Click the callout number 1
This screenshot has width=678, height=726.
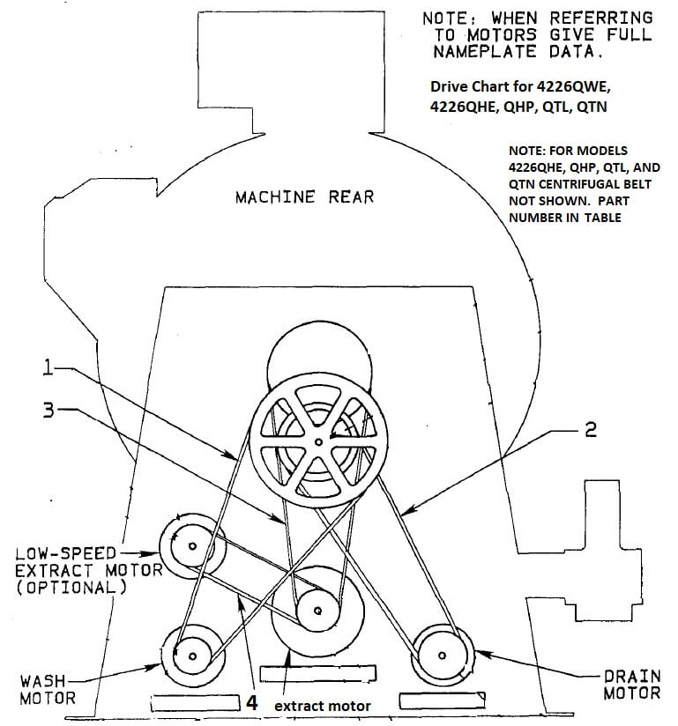point(48,368)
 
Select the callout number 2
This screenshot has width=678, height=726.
point(591,430)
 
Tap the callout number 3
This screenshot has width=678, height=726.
point(48,411)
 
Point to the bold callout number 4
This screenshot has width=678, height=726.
point(251,702)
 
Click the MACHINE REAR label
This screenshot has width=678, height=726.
point(304,197)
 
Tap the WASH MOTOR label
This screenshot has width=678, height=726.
point(47,689)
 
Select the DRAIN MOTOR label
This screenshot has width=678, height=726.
point(631,685)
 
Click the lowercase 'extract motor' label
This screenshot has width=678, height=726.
point(323,706)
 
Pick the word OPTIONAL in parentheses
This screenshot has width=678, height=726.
point(71,588)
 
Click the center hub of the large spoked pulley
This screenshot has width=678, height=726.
point(318,442)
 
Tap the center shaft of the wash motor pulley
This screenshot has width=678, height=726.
point(192,656)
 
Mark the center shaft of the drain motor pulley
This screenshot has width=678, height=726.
point(442,656)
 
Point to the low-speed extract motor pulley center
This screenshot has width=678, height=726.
point(192,546)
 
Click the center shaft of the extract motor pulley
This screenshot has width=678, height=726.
point(317,611)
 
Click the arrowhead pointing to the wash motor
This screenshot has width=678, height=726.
point(153,667)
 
